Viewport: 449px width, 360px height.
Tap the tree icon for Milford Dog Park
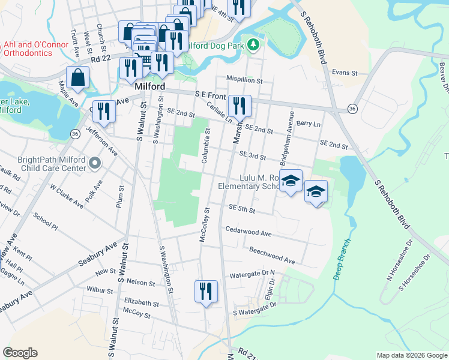[255, 44]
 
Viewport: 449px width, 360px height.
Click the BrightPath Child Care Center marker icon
[95, 163]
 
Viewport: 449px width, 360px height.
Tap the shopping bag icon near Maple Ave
[78, 78]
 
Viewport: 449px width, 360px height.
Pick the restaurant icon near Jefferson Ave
[104, 111]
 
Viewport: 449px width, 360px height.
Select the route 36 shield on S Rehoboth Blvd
[352, 109]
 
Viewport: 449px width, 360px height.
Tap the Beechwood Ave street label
[272, 256]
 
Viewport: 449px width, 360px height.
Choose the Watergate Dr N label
[252, 274]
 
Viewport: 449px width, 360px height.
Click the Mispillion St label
[244, 79]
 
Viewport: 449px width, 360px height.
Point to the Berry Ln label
[309, 123]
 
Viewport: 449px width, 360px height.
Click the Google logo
[20, 353]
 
